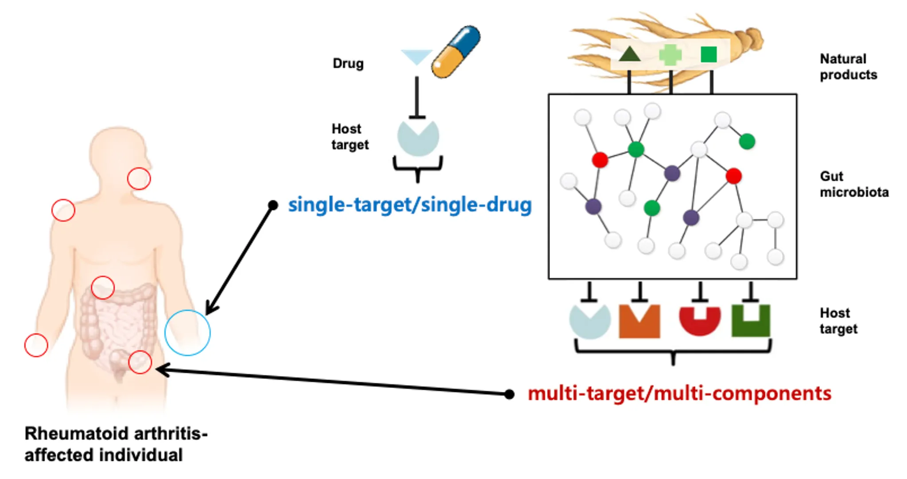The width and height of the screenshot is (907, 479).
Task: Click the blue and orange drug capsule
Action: (x=456, y=52)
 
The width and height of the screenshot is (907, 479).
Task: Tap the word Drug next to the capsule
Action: (x=348, y=63)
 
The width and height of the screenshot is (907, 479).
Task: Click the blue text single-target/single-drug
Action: (x=410, y=205)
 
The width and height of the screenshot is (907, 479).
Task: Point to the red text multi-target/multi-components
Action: (x=679, y=393)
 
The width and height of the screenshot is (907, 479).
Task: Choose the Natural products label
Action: (x=848, y=67)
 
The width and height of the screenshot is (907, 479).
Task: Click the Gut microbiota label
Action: (x=854, y=184)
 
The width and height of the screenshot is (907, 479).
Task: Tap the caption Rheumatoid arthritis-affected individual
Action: (x=116, y=444)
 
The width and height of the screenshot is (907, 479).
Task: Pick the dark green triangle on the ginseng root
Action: (x=629, y=54)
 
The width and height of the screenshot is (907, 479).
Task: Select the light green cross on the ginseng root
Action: (x=670, y=55)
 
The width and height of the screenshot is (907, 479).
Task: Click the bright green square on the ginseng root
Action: (x=709, y=55)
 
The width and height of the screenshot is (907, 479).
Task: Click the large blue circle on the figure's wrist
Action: (x=187, y=333)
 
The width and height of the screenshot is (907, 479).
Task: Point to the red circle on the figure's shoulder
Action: (x=63, y=210)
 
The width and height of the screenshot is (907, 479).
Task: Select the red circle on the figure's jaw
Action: (x=139, y=179)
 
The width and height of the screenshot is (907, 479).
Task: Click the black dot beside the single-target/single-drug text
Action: (x=273, y=205)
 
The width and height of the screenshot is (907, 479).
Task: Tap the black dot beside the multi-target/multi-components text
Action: (x=509, y=394)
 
